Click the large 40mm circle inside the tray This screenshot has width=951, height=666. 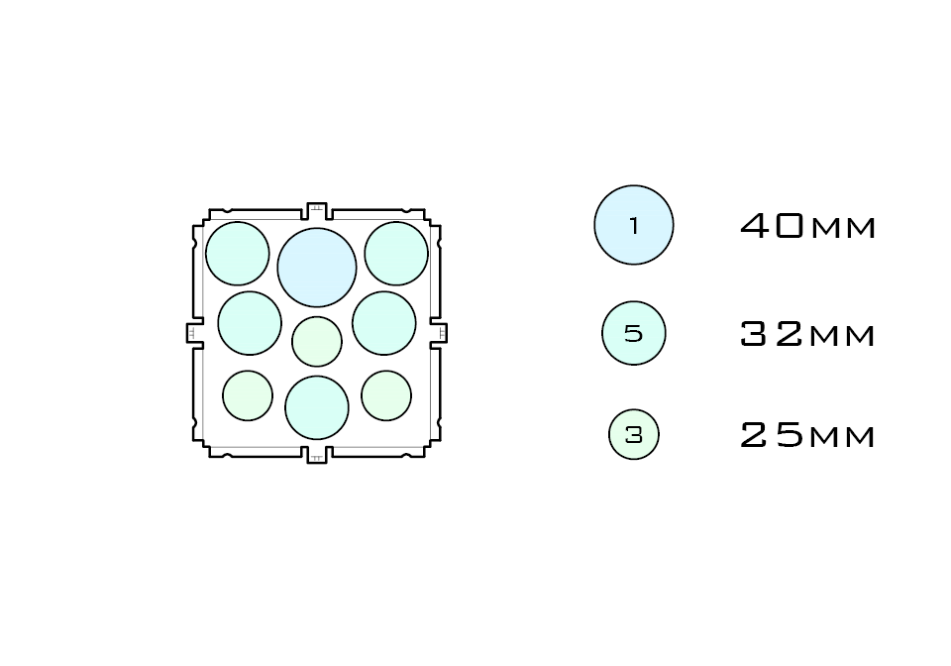click(x=317, y=268)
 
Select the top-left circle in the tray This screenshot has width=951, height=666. click(x=238, y=254)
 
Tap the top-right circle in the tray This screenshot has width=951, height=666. click(x=396, y=254)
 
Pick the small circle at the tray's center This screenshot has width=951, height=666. click(x=317, y=341)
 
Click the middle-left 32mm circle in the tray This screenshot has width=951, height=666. click(x=250, y=323)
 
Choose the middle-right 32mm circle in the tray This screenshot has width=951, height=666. click(x=384, y=323)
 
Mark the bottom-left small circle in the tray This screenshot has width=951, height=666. click(x=248, y=395)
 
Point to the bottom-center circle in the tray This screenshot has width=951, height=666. click(x=317, y=407)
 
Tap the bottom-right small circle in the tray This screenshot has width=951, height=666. click(x=386, y=395)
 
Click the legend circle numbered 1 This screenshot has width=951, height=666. click(x=634, y=225)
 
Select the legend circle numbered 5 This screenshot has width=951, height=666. click(x=634, y=334)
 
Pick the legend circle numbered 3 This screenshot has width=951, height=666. click(x=634, y=434)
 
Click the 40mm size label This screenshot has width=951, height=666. click(x=808, y=227)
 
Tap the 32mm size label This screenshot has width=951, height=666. click(x=808, y=335)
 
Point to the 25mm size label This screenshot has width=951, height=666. click(x=808, y=435)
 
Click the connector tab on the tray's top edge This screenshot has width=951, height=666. click(x=317, y=210)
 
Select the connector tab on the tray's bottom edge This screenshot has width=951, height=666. click(x=317, y=456)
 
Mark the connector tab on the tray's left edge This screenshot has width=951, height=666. click(x=194, y=333)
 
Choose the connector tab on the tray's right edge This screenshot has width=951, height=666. click(x=440, y=333)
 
